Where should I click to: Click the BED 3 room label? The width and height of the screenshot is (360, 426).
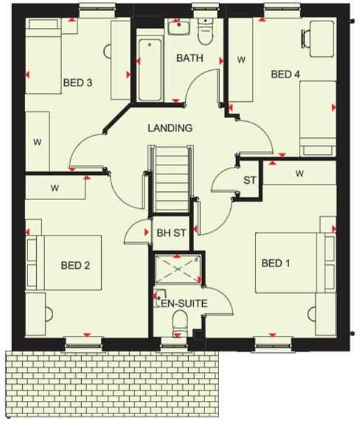(x=77, y=83)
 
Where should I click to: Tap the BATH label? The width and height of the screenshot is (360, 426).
(x=190, y=58)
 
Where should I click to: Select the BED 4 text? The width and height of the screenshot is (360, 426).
(x=285, y=74)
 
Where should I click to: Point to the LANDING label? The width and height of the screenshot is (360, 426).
(x=170, y=128)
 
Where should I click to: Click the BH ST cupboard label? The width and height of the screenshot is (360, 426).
(x=171, y=233)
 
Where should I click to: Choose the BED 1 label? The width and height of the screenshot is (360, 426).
(x=276, y=263)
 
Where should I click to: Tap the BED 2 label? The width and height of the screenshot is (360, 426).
(x=75, y=265)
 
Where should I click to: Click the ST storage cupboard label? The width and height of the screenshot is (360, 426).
(x=249, y=180)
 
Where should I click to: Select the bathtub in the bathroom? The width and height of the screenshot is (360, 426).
(x=150, y=70)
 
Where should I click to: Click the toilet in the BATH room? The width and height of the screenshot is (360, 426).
(x=205, y=31)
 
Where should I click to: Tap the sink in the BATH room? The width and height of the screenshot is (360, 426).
(x=179, y=28)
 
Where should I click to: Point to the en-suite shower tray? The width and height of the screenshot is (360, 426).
(x=178, y=269)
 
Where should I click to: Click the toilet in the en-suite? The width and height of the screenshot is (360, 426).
(x=180, y=324)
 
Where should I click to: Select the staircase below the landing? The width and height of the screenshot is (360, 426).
(x=171, y=179)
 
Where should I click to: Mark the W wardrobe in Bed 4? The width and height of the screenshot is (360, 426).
(x=240, y=60)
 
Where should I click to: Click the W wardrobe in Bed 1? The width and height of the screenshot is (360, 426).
(x=300, y=173)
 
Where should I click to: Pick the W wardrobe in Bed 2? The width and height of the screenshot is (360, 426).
(x=55, y=188)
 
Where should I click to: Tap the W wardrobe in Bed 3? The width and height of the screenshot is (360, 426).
(x=38, y=141)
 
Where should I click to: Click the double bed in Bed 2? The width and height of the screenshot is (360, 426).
(x=64, y=263)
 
